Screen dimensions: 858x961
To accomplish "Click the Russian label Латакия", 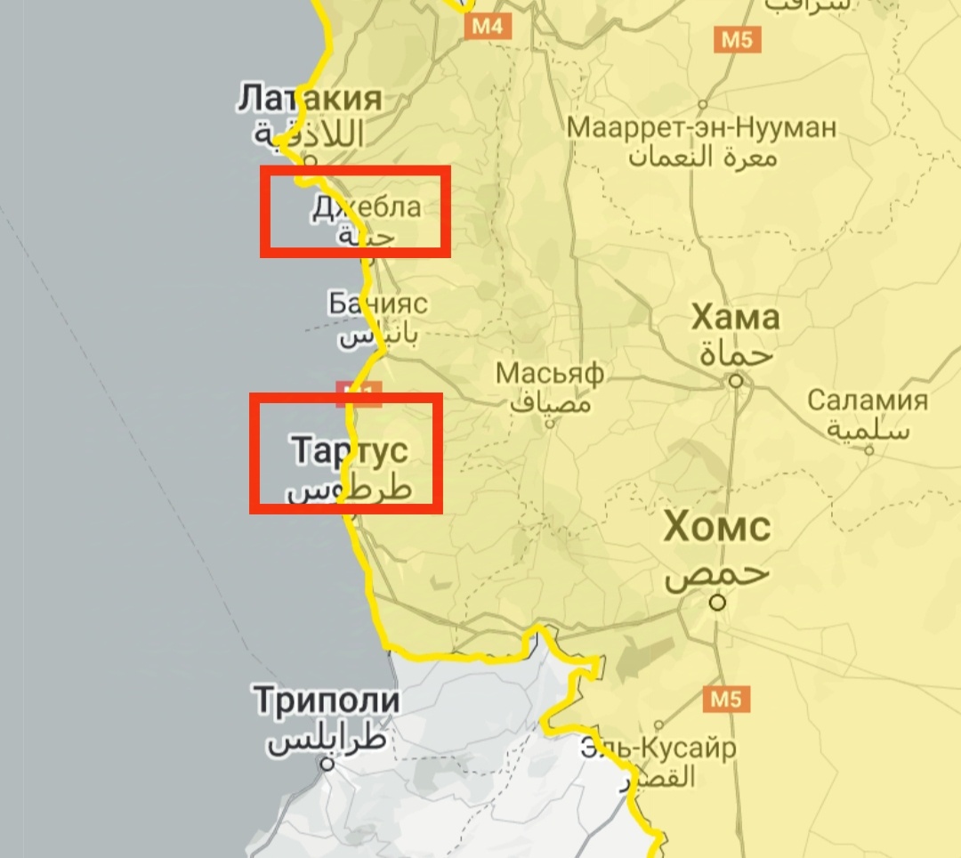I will click(x=310, y=99).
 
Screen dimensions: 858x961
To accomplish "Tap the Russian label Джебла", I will click(x=366, y=208).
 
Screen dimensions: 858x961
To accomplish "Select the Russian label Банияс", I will click(x=377, y=304).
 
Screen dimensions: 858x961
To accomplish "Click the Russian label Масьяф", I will click(x=550, y=372).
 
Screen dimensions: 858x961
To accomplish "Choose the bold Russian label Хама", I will click(x=736, y=317).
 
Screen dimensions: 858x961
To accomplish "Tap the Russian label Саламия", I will click(x=868, y=401).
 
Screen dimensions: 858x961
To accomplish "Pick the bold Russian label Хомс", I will click(x=717, y=528).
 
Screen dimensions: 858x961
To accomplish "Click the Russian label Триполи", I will click(x=327, y=700).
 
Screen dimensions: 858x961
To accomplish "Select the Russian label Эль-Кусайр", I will click(x=658, y=748).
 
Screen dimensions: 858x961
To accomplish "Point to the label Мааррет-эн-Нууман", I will click(x=702, y=127).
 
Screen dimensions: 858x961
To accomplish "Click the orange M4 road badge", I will click(x=487, y=27).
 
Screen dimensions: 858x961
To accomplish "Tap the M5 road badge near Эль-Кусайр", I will click(x=725, y=700).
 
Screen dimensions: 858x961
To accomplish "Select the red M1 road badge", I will click(x=359, y=393).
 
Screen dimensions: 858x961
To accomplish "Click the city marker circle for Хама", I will click(x=736, y=381).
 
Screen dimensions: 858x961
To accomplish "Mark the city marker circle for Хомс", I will click(x=717, y=603).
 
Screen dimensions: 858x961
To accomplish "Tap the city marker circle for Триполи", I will click(x=328, y=764).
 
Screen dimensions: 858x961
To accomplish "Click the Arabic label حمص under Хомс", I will click(x=715, y=574).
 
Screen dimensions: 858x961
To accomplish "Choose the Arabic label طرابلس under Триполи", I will click(x=328, y=741).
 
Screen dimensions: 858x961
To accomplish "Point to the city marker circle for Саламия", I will click(x=868, y=449).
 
